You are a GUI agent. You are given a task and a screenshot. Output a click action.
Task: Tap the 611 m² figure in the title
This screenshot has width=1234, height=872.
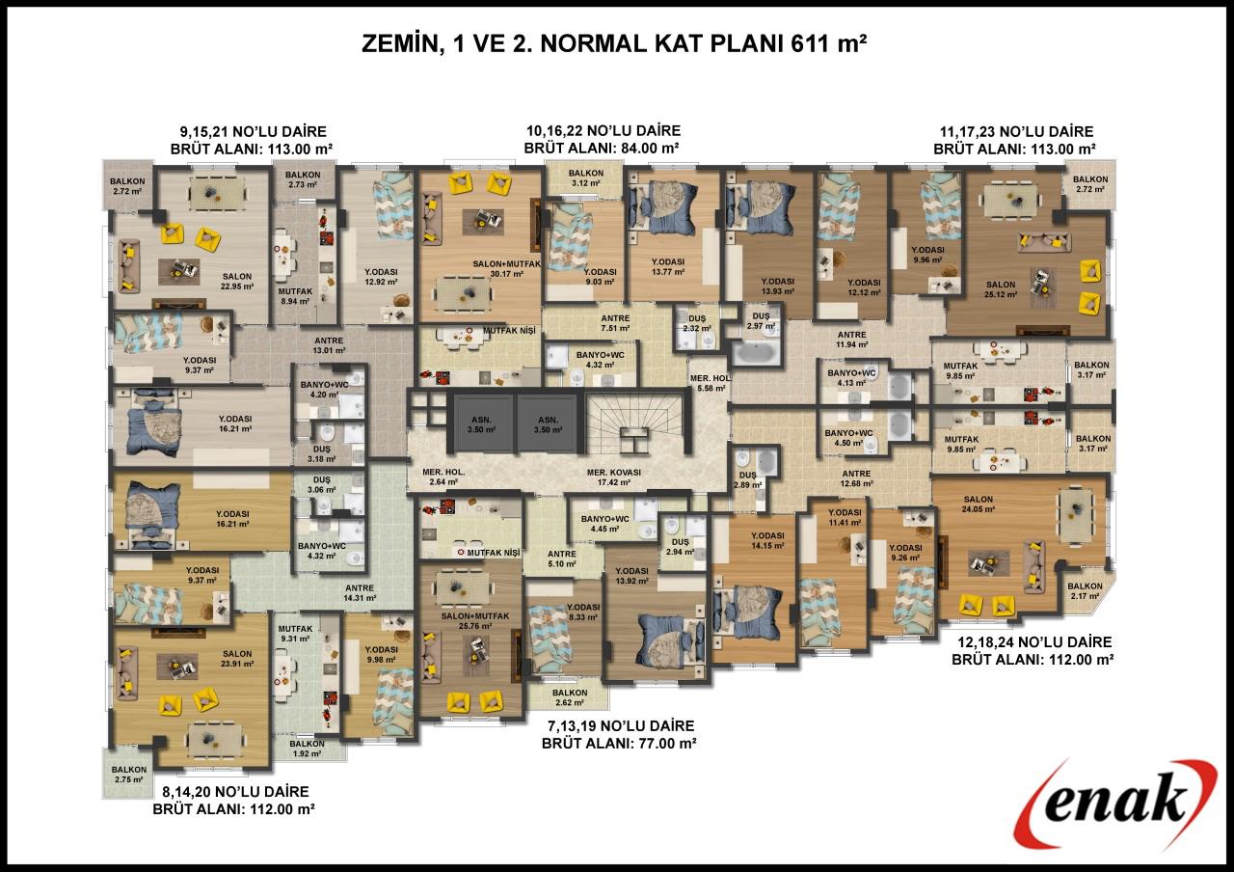pyautogui.click(x=828, y=44)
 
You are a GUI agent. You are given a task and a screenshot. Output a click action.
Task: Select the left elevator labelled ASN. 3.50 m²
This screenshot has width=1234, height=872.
pyautogui.click(x=481, y=424)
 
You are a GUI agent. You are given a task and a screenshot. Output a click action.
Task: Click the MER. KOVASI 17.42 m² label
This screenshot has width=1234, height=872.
pyautogui.click(x=614, y=477)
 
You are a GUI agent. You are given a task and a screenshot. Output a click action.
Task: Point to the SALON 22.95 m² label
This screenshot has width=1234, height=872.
pyautogui.click(x=237, y=282)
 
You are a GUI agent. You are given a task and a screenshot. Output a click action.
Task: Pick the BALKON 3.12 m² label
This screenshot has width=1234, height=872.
pyautogui.click(x=585, y=178)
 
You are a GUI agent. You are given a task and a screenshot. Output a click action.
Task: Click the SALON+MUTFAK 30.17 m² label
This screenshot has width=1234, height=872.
pyautogui.click(x=506, y=269)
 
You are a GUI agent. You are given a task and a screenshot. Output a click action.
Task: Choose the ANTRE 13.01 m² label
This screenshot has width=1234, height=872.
pyautogui.click(x=329, y=345)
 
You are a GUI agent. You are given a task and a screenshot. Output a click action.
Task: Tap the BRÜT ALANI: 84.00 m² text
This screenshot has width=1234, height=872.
pyautogui.click(x=601, y=149)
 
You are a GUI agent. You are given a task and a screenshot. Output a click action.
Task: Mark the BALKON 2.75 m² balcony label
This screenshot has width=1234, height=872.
pyautogui.click(x=129, y=775)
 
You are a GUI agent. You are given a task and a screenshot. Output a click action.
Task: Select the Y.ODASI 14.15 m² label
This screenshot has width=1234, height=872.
pyautogui.click(x=767, y=541)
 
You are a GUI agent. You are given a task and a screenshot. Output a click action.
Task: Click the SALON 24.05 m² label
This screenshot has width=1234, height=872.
pyautogui.click(x=979, y=504)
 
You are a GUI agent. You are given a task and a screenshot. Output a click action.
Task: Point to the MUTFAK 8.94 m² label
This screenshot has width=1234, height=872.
pyautogui.click(x=295, y=296)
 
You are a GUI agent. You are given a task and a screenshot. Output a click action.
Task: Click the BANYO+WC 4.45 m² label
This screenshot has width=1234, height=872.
pyautogui.click(x=604, y=524)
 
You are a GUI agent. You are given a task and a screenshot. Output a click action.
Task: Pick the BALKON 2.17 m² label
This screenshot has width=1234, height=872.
pyautogui.click(x=1086, y=591)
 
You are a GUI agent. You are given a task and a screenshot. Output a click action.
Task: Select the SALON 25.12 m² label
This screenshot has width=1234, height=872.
pyautogui.click(x=1001, y=289)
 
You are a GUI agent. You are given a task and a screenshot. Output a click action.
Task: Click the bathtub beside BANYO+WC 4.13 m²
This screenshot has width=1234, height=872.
pyautogui.click(x=900, y=386)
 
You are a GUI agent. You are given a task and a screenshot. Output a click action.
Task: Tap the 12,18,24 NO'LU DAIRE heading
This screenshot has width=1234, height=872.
pyautogui.click(x=1034, y=642)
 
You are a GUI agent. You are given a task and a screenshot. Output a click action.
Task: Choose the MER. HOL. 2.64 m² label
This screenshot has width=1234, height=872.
pyautogui.click(x=443, y=477)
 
